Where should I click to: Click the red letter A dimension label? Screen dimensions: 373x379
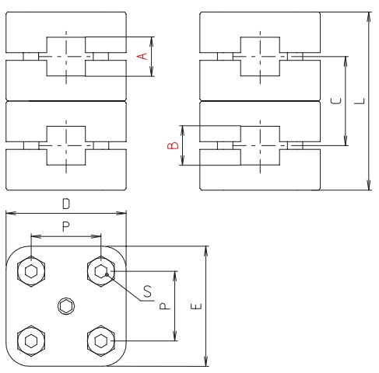pos(142,56)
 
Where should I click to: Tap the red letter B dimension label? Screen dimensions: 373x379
pos(175,145)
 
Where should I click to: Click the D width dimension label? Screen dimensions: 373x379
pos(66,204)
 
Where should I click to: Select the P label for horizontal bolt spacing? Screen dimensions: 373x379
pos(66,225)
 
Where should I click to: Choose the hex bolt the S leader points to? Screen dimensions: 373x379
pos(101,272)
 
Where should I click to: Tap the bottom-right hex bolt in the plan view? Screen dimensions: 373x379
pos(101,340)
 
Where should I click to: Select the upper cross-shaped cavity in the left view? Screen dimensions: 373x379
pos(66,57)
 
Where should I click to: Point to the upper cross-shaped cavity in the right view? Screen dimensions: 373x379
pos(258,57)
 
